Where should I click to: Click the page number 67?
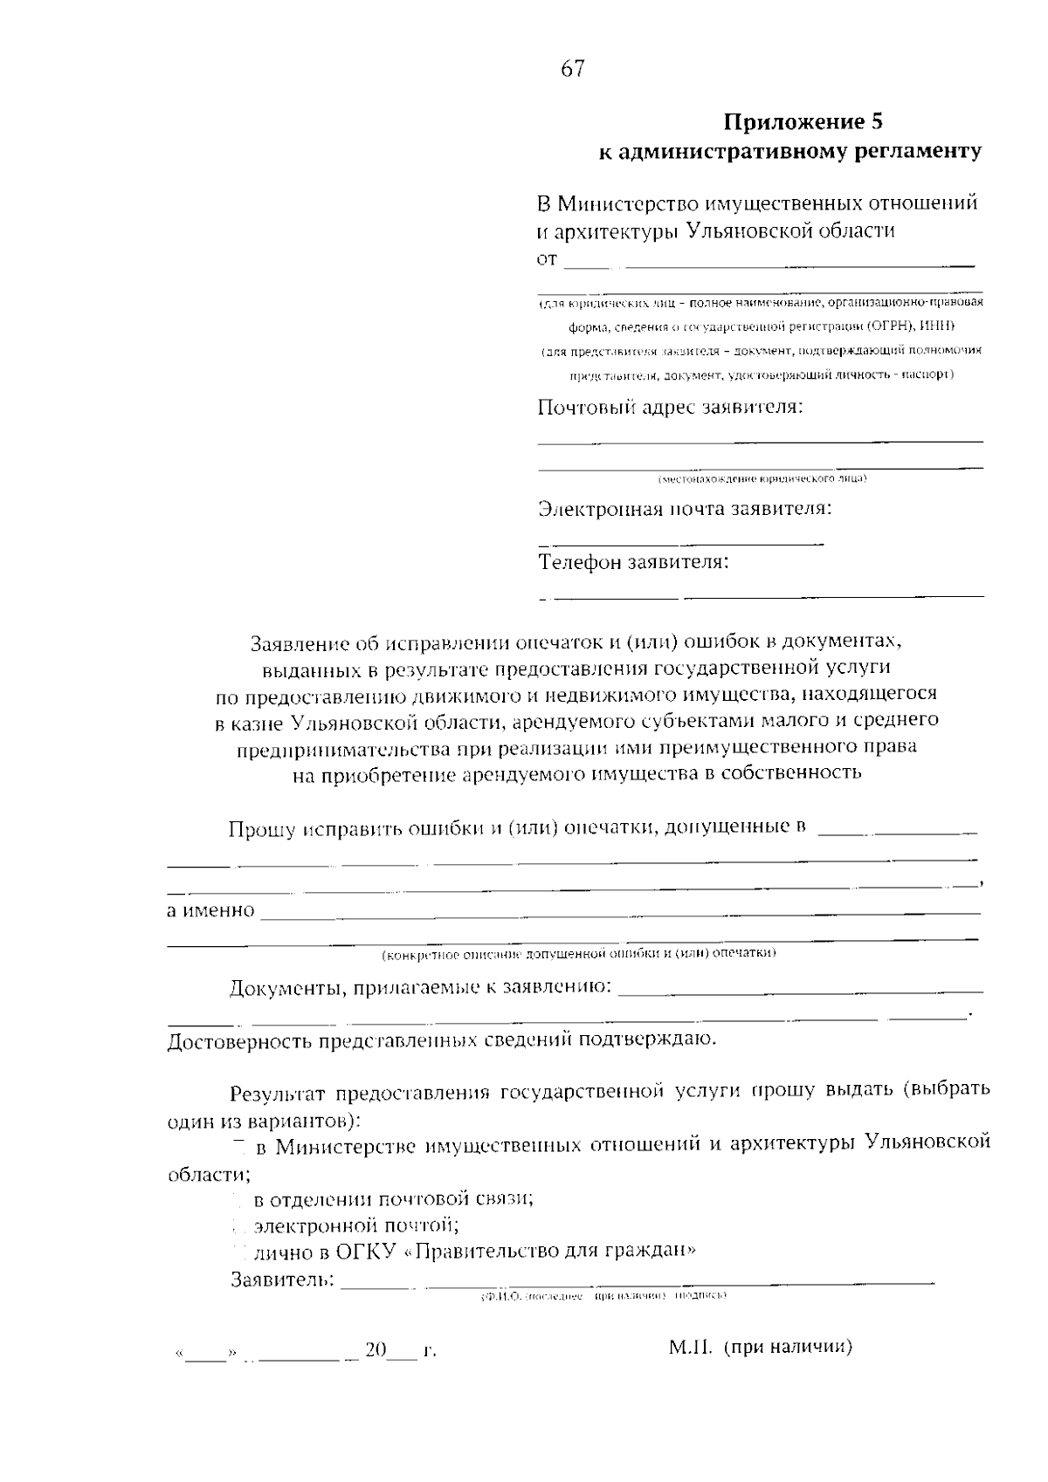573,69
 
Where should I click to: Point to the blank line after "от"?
769,262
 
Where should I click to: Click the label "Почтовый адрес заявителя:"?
670,408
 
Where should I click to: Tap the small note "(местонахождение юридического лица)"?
762,479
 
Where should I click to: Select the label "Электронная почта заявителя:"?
685,509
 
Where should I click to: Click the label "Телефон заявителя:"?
633,562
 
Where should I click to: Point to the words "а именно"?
210,911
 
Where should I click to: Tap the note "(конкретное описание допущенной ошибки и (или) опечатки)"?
579,953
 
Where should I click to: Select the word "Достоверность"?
238,1041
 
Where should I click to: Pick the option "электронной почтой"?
356,1225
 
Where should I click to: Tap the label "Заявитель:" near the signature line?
282,1280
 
